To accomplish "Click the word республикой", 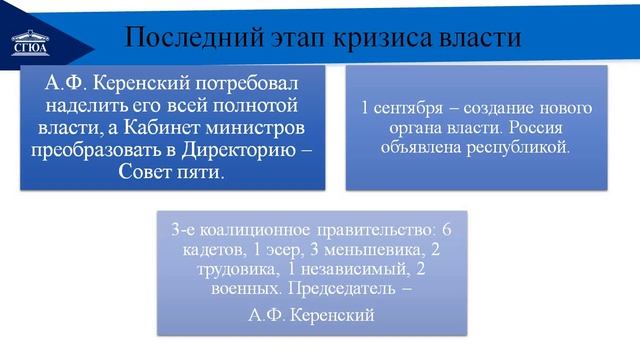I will [520, 146].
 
